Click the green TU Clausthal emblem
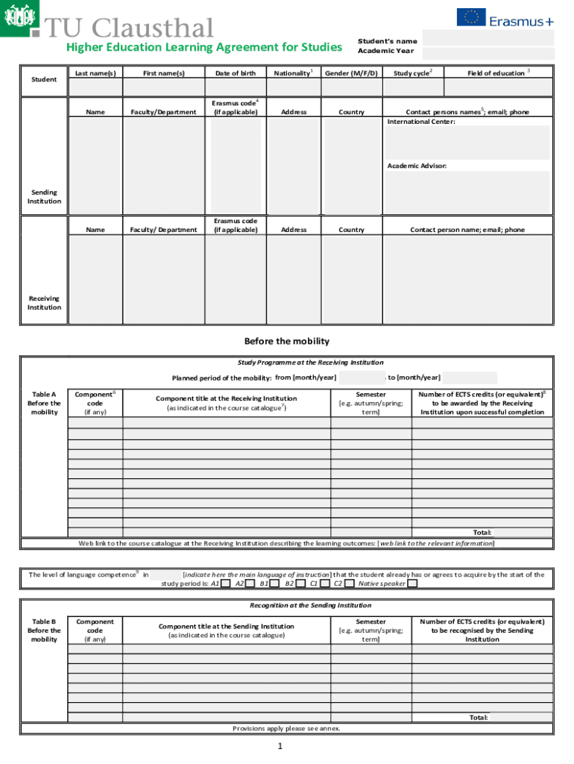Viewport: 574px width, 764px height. [20, 20]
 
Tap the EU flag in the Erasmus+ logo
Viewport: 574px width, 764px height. [471, 17]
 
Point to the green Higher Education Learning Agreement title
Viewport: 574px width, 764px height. [204, 48]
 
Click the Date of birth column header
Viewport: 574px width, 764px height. [235, 73]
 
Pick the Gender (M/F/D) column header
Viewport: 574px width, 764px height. [351, 73]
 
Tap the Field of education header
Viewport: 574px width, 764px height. [497, 73]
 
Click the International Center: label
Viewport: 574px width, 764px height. [421, 121]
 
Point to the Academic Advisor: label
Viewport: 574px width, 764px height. [417, 166]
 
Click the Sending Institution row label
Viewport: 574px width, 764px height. [44, 197]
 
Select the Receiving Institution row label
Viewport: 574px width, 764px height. [44, 303]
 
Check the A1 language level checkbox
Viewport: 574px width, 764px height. [225, 584]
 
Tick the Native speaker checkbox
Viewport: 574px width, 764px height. [412, 584]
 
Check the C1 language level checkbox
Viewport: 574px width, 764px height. [325, 584]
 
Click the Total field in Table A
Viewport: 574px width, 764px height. [522, 533]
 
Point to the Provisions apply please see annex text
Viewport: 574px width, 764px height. [286, 728]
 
